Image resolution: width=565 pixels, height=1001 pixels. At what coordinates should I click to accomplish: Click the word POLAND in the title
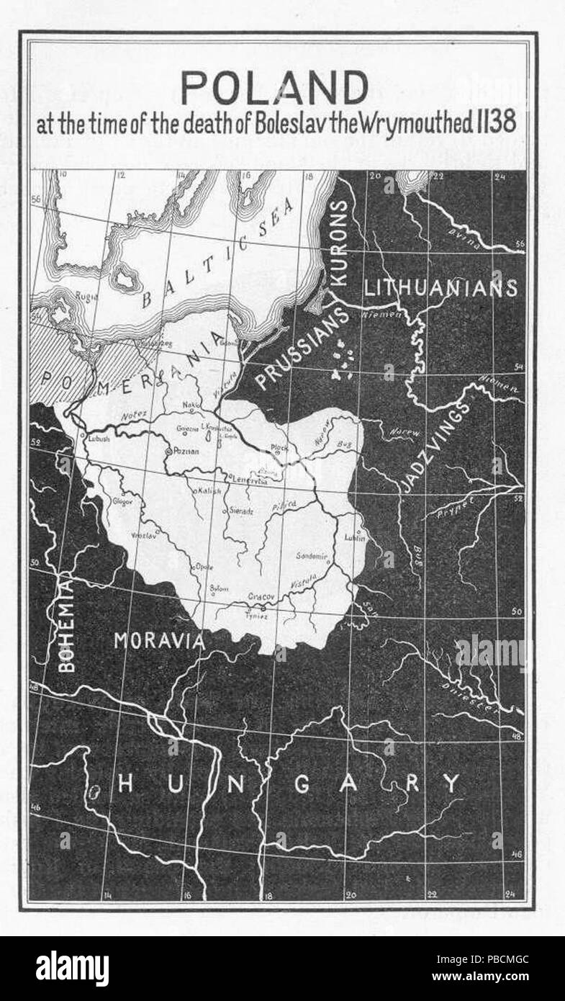[274, 89]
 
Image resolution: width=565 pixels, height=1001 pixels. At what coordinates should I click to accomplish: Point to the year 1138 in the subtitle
[494, 123]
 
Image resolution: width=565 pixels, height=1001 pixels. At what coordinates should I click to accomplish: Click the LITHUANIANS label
[440, 288]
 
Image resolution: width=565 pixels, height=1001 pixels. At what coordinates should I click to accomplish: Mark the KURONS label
[340, 243]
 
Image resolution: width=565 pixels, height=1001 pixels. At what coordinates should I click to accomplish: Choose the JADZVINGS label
[435, 447]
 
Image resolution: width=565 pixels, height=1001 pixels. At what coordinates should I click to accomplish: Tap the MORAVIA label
[160, 639]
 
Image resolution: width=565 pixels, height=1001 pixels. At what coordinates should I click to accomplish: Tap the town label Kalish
[209, 490]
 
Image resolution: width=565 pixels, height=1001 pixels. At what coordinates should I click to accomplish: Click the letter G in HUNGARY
[302, 784]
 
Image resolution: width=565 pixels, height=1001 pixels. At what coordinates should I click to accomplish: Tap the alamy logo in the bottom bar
[73, 969]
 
